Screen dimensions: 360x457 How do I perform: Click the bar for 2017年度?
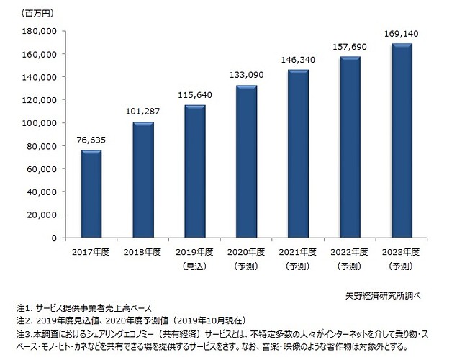click(x=91, y=194)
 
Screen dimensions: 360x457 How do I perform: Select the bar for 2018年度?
click(x=143, y=180)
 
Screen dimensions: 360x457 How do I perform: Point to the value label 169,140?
click(x=402, y=32)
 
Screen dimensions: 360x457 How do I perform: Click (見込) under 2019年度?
click(x=194, y=266)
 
